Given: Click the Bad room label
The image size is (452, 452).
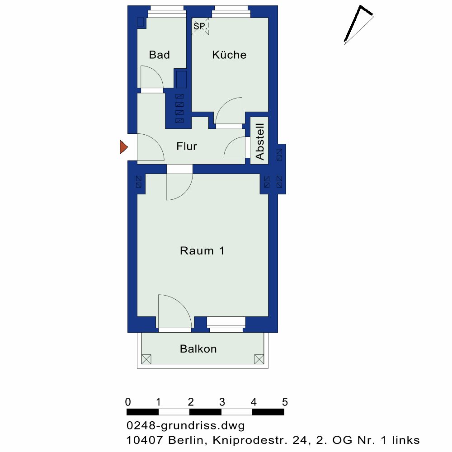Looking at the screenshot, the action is pos(159,55).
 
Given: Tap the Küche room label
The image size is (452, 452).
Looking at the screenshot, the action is pos(229,55).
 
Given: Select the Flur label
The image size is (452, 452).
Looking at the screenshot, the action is pos(187,146).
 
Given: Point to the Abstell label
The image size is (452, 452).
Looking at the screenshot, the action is pos(260,141).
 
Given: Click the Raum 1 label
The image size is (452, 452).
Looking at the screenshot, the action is pos(202,251).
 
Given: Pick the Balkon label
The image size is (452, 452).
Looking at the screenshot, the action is pos(198,349).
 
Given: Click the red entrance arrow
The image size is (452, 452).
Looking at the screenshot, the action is pos(124,147).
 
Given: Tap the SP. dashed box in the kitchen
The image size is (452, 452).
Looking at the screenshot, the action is pos(200,27).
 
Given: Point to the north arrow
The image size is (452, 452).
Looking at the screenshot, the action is pos(358,25).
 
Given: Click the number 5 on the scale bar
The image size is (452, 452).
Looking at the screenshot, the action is pos(285,402).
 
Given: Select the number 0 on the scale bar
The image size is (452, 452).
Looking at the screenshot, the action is pos(128,402).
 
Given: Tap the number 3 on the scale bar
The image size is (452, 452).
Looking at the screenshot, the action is pos(222,402).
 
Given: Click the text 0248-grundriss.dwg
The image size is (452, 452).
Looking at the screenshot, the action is pos(186,426).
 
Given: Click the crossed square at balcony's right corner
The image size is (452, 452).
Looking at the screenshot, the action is pos(259,359).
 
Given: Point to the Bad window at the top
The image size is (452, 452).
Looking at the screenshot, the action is pos(167,12).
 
